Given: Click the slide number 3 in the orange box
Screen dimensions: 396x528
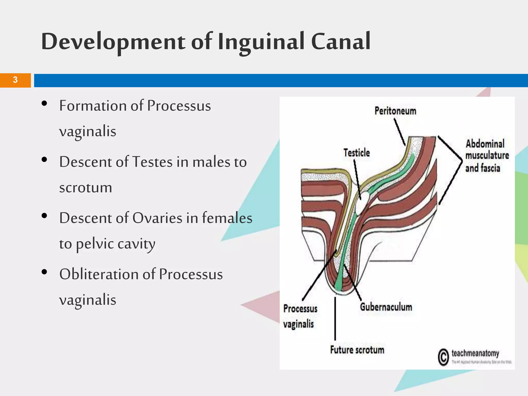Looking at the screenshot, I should tap(15, 80).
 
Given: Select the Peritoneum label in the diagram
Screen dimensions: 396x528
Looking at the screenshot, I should tap(395, 111).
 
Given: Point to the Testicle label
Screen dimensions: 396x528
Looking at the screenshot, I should tap(356, 153).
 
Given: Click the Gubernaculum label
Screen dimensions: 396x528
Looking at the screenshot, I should tap(386, 307).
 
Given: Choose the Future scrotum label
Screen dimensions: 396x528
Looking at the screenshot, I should tap(357, 350).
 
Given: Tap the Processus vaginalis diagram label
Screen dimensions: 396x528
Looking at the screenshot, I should tap(300, 316).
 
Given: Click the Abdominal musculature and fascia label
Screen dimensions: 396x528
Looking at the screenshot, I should tap(486, 156).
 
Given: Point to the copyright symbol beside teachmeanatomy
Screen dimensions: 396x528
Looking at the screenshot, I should tap(443, 357).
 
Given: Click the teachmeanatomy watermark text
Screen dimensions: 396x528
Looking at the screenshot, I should tap(475, 353).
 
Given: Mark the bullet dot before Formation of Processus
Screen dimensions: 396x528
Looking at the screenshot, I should tap(44, 103).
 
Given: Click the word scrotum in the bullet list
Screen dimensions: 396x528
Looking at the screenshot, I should tap(86, 187).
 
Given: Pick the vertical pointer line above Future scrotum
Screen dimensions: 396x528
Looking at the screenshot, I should tap(335, 318).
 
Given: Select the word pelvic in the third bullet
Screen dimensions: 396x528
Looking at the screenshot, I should tap(95, 244).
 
